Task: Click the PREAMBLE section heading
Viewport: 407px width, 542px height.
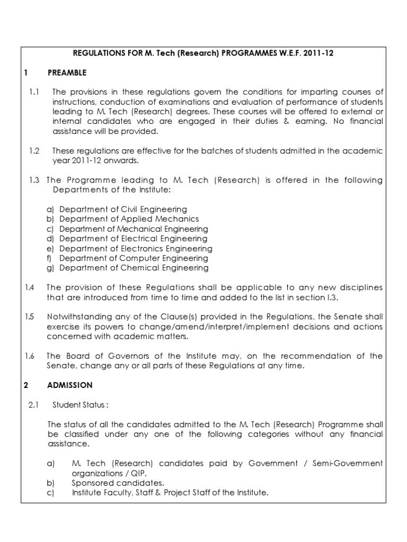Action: point(67,73)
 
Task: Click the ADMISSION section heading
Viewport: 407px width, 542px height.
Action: point(70,385)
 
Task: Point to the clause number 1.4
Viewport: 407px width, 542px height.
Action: point(30,287)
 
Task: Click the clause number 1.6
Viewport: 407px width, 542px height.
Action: point(30,356)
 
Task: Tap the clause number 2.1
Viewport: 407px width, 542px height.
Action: point(34,405)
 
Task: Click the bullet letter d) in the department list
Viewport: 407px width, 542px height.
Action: point(51,239)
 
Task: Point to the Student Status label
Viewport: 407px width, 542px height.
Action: point(81,405)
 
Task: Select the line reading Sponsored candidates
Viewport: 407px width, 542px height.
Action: point(118,483)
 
